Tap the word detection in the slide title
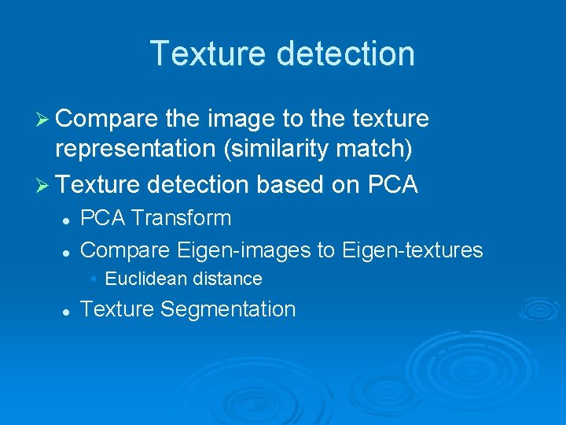click(x=343, y=54)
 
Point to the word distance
click(x=226, y=279)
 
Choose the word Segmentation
click(x=228, y=309)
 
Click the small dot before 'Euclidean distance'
click(x=94, y=279)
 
